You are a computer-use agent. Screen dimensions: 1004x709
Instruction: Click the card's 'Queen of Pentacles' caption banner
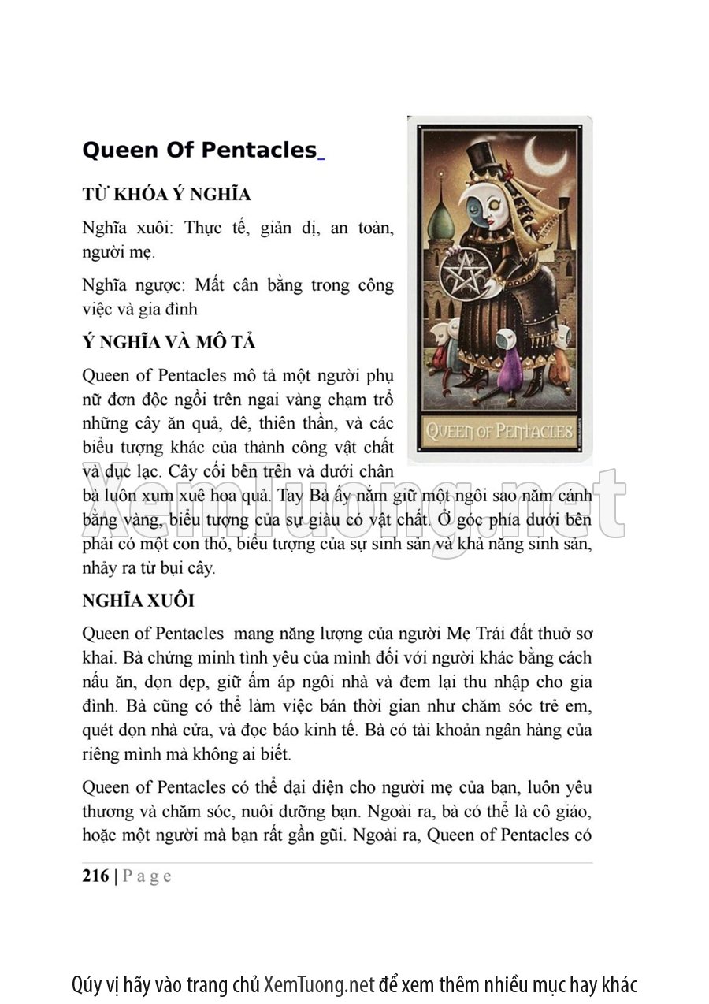click(499, 430)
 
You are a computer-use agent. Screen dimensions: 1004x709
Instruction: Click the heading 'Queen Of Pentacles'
click(199, 151)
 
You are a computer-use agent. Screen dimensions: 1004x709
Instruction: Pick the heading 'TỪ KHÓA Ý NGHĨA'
click(166, 195)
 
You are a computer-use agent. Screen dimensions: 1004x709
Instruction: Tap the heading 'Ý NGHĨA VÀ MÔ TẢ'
click(169, 343)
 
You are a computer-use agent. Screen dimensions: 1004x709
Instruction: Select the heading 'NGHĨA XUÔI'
click(138, 601)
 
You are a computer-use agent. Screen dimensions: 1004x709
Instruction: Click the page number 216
click(95, 876)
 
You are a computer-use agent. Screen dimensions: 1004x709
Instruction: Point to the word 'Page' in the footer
click(147, 876)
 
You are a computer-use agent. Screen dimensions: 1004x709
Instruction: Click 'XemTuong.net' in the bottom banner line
click(319, 984)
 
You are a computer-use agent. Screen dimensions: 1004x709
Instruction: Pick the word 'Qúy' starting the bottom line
click(86, 985)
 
